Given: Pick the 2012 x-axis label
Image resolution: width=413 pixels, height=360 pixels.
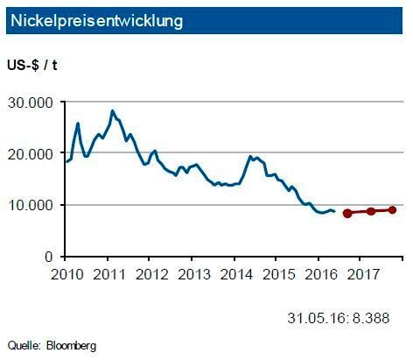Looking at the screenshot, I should coord(149,273).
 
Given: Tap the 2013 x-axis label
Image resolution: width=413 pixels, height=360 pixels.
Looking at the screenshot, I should coord(191,273).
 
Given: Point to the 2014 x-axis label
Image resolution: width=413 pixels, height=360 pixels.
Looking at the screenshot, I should coord(234,273).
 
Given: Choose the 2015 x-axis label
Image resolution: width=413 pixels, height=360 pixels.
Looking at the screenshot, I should coord(276,273).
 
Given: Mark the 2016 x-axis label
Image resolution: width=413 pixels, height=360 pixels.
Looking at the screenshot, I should coord(318,273).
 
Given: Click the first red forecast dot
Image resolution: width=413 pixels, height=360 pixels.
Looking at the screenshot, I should coord(346,213).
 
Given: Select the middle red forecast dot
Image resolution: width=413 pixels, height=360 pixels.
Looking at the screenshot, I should coord(371,211).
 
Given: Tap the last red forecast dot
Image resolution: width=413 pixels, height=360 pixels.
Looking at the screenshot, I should coord(393,209).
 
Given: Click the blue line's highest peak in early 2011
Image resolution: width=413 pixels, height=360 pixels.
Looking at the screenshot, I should coord(112,111).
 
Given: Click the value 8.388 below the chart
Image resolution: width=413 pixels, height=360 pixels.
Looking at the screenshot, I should coord(372,316).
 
